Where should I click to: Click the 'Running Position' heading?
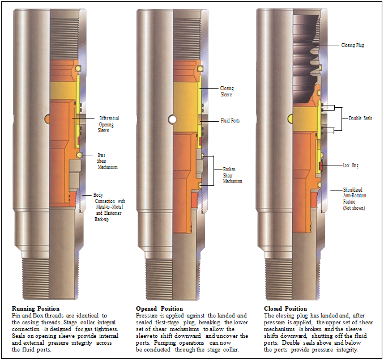pyautogui.click(x=36, y=308)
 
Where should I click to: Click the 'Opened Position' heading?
pyautogui.click(x=159, y=308)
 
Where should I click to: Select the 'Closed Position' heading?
pyautogui.click(x=285, y=308)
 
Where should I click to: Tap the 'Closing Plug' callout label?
pyautogui.click(x=352, y=45)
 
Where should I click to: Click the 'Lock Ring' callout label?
pyautogui.click(x=351, y=166)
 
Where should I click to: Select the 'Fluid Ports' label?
pyautogui.click(x=230, y=121)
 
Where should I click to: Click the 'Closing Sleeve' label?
pyautogui.click(x=227, y=91)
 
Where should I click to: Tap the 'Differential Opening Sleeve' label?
pyautogui.click(x=109, y=124)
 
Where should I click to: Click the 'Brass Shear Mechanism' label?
pyautogui.click(x=105, y=161)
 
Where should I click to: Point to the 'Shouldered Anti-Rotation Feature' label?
pyautogui.click(x=355, y=198)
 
